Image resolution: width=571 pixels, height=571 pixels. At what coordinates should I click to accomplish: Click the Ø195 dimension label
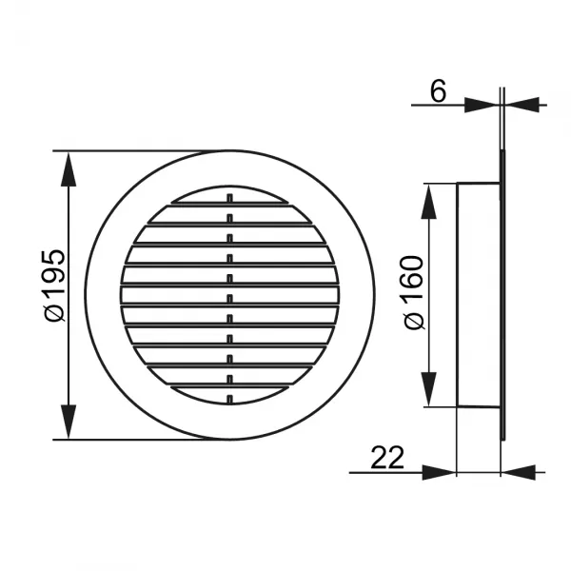(x=54, y=285)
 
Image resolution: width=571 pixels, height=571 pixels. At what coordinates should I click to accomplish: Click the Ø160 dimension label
(x=414, y=293)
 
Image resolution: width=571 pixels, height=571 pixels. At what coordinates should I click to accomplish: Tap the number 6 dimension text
(x=438, y=90)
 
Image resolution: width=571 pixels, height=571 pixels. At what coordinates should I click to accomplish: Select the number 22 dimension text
(x=387, y=458)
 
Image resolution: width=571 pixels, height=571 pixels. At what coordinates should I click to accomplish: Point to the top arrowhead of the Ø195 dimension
(x=69, y=169)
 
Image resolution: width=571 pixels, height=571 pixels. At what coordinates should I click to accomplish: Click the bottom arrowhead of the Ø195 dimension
(x=69, y=422)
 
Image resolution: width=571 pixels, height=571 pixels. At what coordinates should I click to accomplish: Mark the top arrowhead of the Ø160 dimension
(x=429, y=202)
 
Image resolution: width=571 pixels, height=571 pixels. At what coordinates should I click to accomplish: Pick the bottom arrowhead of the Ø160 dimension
(x=429, y=389)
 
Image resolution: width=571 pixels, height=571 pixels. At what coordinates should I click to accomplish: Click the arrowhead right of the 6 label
(x=482, y=105)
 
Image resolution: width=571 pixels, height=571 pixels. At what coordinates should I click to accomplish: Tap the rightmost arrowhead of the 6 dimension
(x=522, y=105)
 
